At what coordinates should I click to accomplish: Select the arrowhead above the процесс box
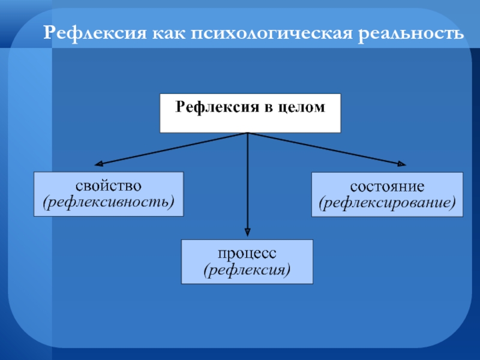tap(248, 233)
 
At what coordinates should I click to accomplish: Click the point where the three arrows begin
tap(248, 133)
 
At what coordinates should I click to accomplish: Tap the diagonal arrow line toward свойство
tap(174, 148)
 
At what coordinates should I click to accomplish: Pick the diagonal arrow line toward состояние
tap(324, 148)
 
